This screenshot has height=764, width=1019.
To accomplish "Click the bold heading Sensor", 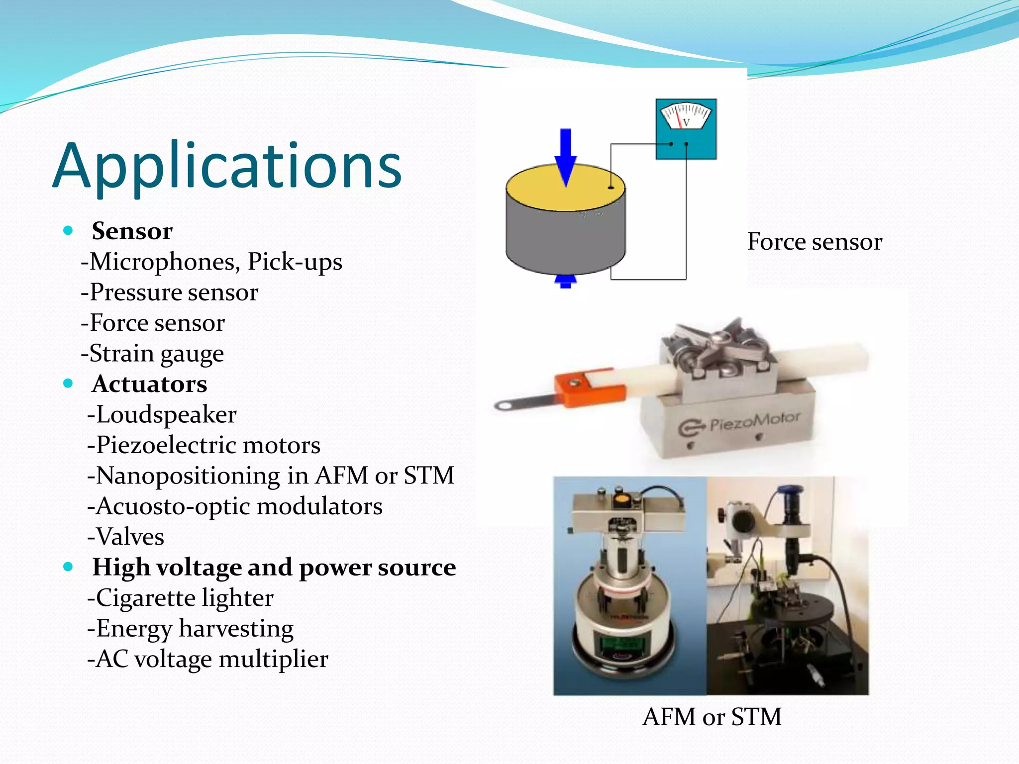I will (x=132, y=231).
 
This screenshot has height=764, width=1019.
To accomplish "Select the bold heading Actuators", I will (x=149, y=384).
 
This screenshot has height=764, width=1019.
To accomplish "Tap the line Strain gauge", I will (x=152, y=354).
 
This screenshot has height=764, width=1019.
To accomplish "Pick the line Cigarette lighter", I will (x=180, y=598).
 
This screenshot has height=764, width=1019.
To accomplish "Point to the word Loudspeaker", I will (x=162, y=415).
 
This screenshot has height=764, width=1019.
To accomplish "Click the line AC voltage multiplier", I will (x=207, y=659).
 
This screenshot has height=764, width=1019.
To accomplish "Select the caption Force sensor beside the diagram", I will (x=815, y=242).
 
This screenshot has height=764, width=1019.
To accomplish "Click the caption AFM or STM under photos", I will (x=712, y=717).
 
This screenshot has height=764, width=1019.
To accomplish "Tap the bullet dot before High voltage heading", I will (x=69, y=567).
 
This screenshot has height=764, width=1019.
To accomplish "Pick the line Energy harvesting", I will (x=190, y=629).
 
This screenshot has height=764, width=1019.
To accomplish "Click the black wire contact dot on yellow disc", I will (x=611, y=188).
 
